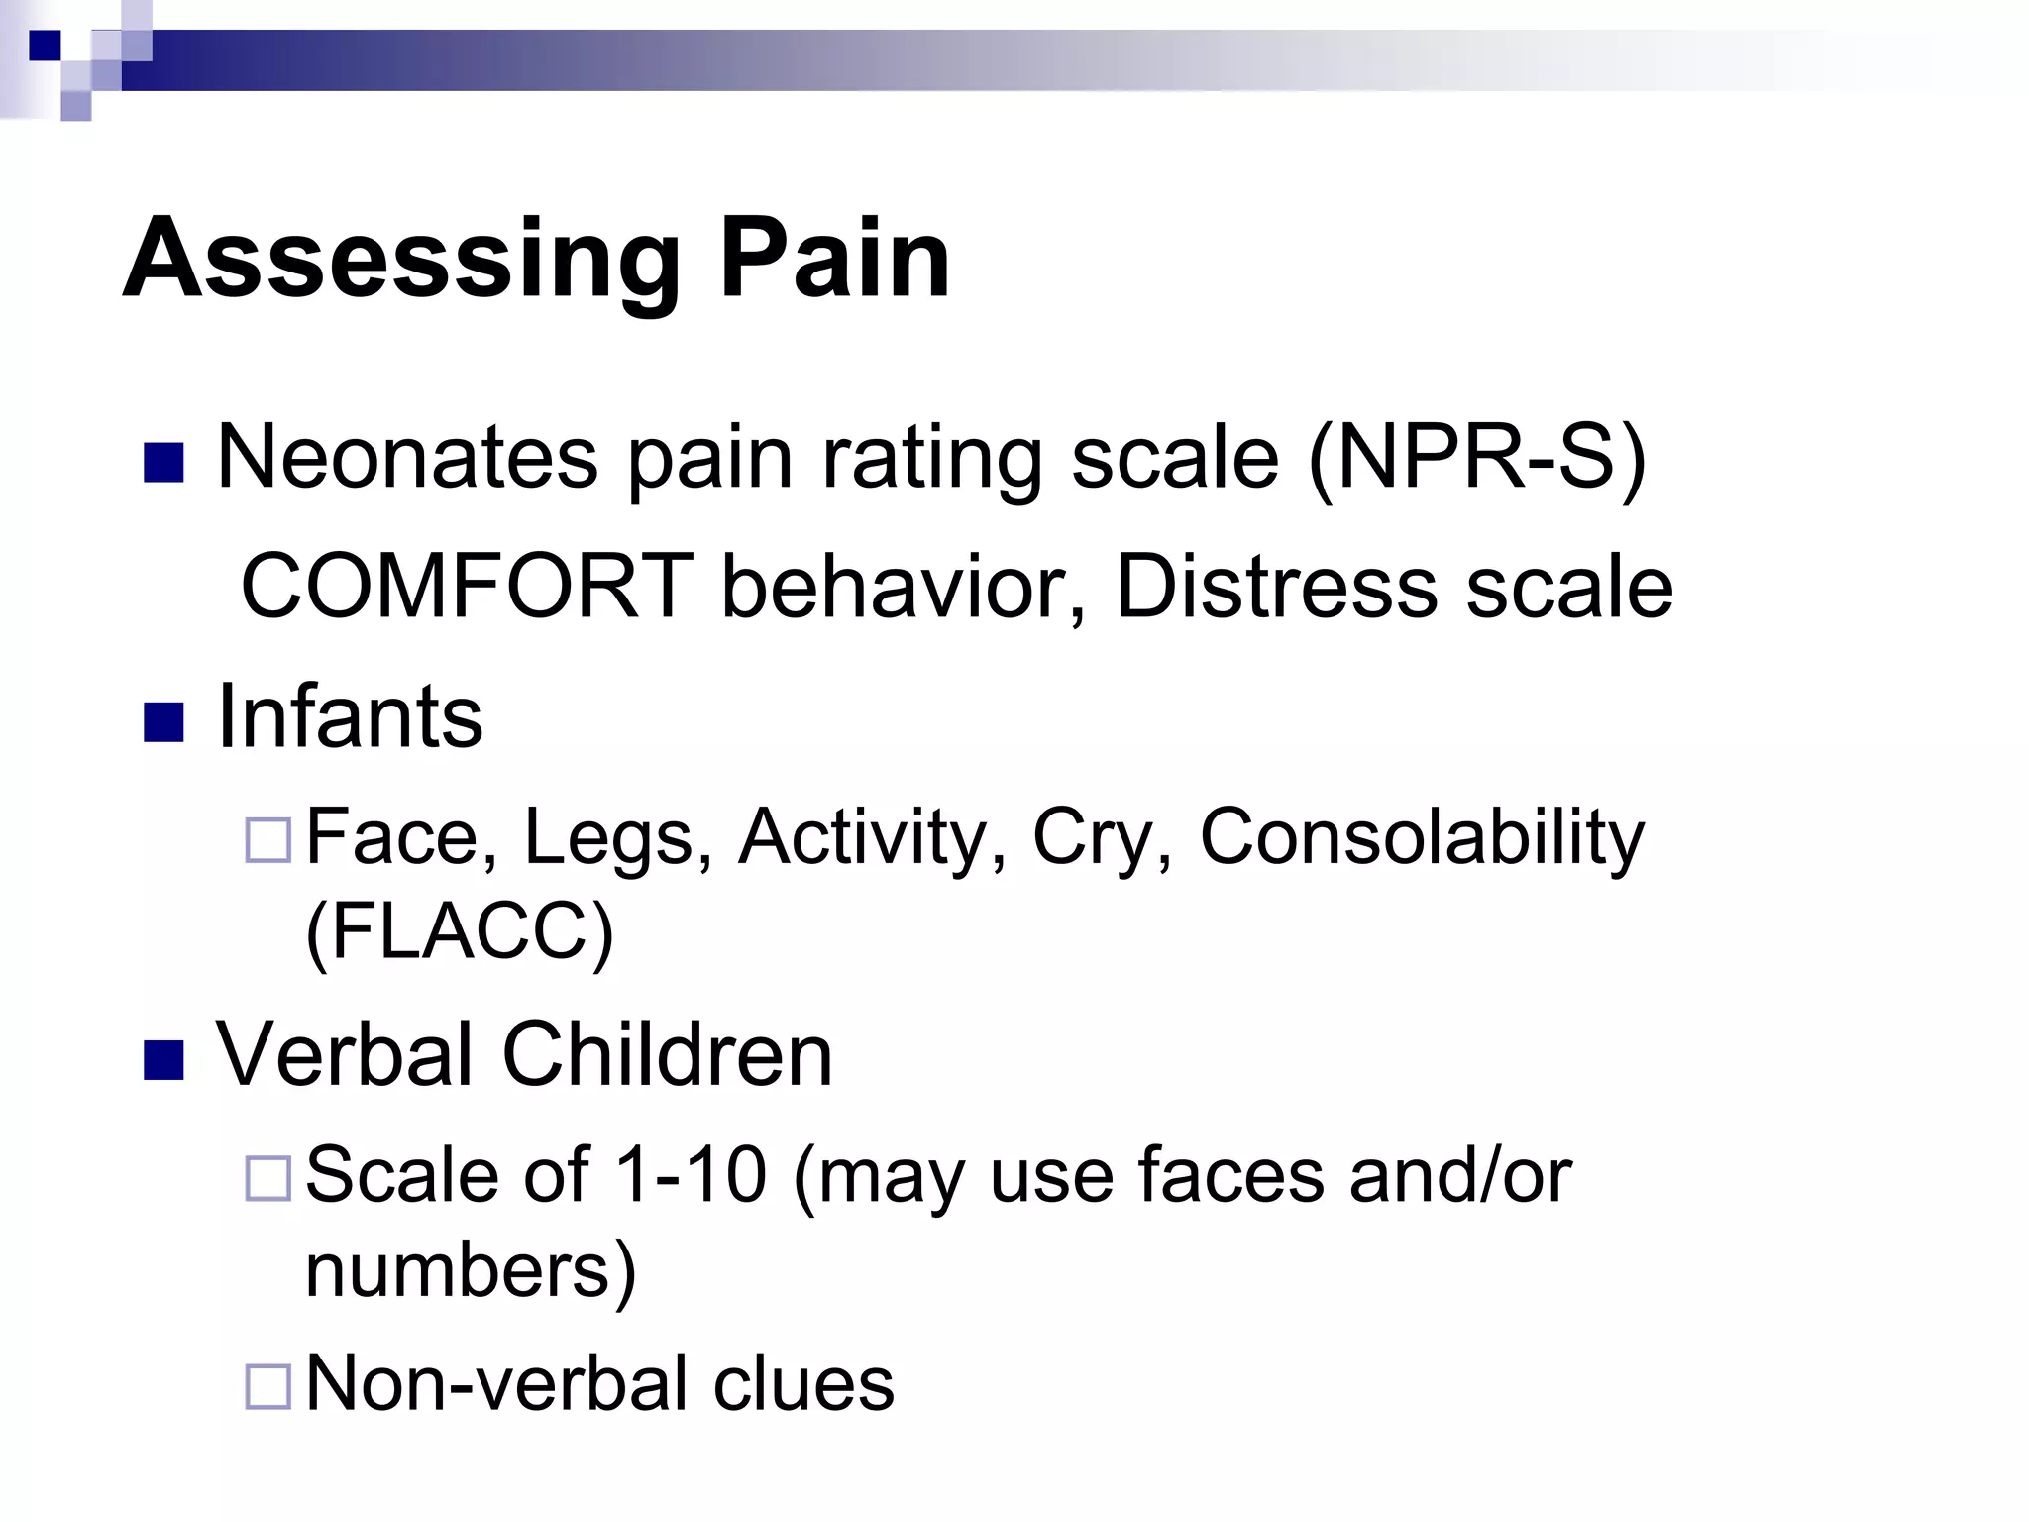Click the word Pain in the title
pos(834,260)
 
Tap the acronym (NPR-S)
pos(1476,458)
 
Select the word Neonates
pos(407,458)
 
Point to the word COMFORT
pos(467,587)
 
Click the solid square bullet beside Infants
pos(163,721)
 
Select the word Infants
pos(349,717)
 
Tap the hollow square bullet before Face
pos(267,840)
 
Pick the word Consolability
pos(1421,838)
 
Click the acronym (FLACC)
pos(460,931)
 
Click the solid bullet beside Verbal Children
pos(163,1059)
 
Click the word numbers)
pos(471,1270)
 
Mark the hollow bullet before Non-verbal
pos(267,1386)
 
